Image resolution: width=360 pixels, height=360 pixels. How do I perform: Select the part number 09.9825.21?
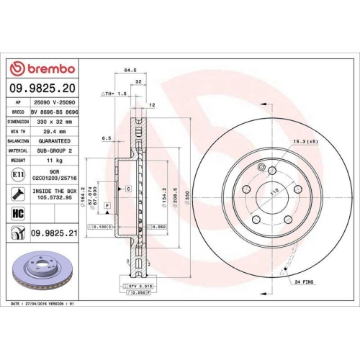point(55,233)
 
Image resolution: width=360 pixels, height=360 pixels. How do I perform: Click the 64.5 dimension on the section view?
point(130,71)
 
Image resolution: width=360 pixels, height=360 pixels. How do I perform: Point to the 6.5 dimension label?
point(106,138)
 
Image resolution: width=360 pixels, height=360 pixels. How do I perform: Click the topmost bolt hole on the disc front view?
point(272,170)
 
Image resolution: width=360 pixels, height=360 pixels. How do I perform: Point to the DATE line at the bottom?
point(43,305)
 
